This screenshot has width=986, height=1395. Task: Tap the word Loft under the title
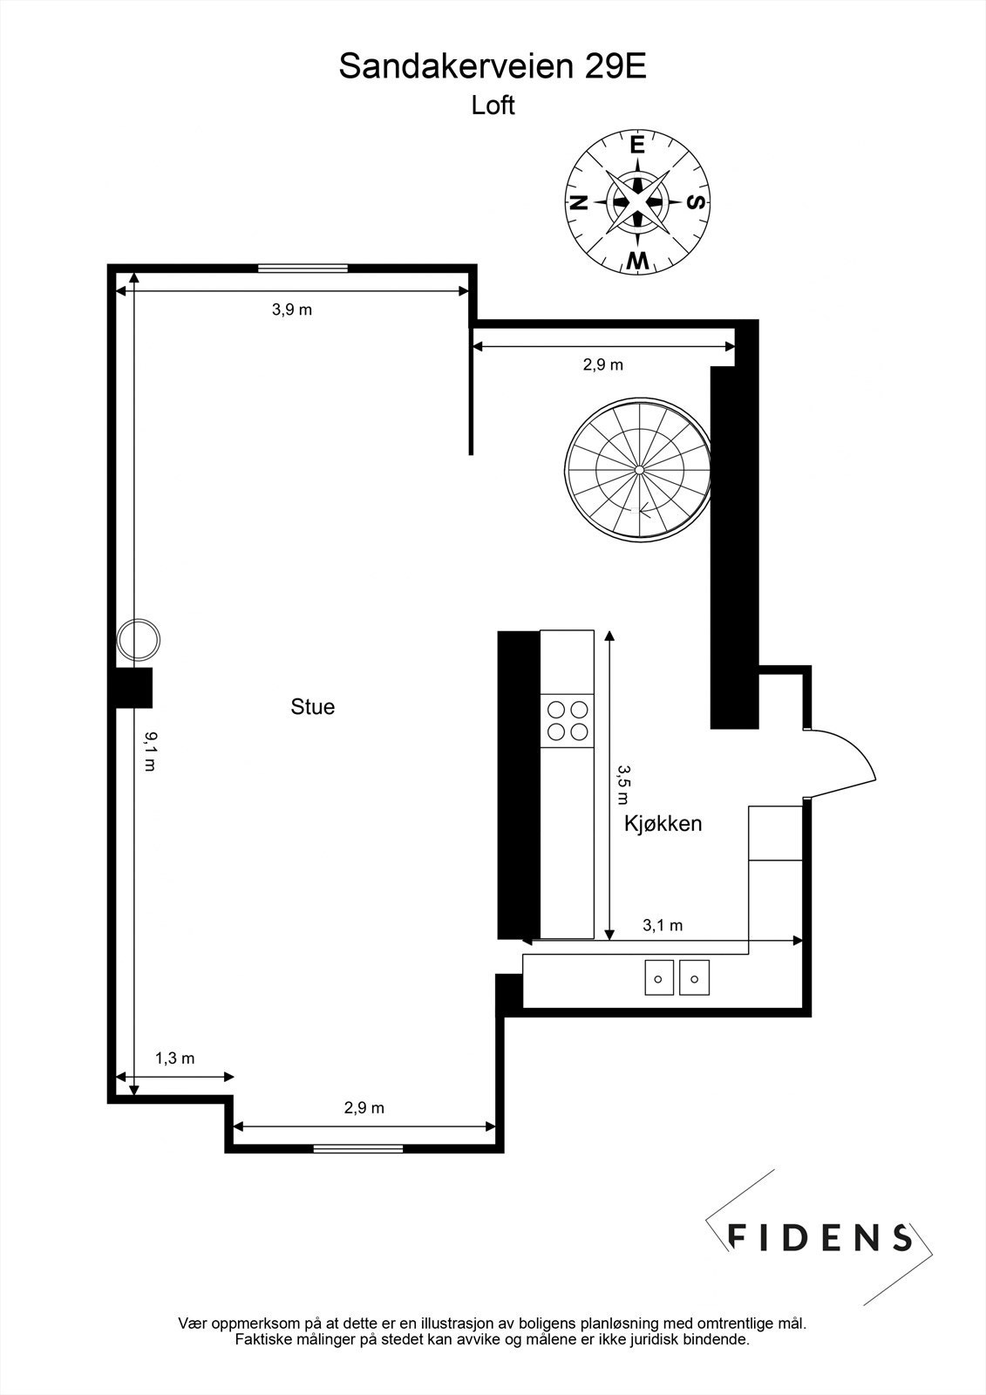point(493,105)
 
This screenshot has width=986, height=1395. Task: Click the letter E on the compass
point(637,145)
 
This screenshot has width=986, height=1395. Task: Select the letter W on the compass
point(638,260)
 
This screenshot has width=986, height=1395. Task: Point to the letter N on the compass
point(577,203)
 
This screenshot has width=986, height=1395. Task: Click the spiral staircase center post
point(639,470)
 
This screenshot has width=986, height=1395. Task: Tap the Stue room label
point(312,706)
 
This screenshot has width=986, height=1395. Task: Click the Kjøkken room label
point(663,824)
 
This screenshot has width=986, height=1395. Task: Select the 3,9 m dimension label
point(292,310)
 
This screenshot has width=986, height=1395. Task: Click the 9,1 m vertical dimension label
point(150,751)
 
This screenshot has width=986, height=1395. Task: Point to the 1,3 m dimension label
point(174,1058)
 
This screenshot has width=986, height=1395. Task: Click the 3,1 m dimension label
point(663,926)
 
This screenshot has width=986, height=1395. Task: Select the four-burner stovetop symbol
point(567,720)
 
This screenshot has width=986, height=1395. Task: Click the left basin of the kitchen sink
point(658,977)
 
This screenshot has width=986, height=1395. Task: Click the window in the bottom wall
point(358,1148)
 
